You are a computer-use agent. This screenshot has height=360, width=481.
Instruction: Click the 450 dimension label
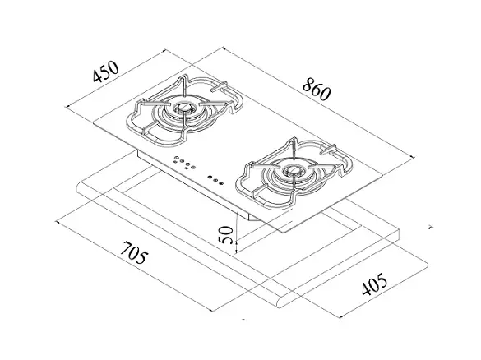105,72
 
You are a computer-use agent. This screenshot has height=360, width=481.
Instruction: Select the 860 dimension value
317,90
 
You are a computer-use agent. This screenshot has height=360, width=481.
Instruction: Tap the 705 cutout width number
134,252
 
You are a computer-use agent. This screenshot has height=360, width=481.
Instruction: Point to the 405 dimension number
374,284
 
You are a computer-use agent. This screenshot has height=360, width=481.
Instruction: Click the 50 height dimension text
227,234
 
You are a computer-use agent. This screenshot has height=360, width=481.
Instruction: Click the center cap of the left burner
183,108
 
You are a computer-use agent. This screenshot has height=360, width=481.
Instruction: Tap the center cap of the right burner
294,169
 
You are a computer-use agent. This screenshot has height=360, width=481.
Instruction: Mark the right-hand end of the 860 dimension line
414,157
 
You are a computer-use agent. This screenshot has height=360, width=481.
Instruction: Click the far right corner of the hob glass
383,176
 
